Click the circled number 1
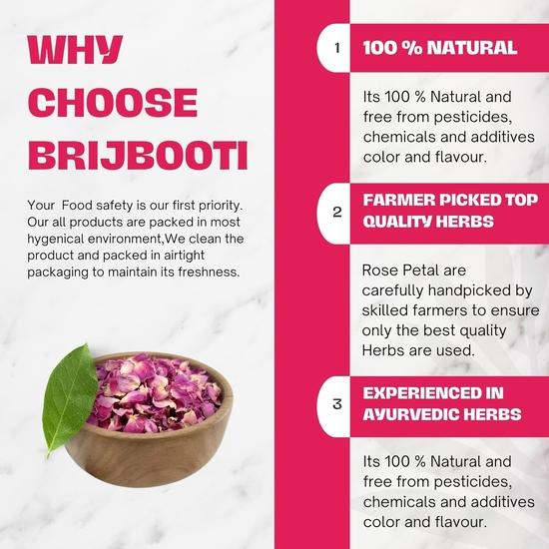click(337, 48)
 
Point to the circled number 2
click(337, 212)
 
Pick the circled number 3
click(337, 403)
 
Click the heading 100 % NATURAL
click(439, 48)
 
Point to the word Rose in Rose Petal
click(380, 271)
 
